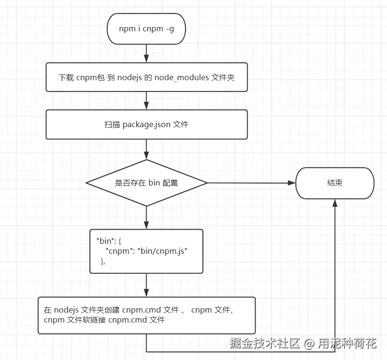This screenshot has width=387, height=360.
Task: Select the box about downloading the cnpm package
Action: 147,77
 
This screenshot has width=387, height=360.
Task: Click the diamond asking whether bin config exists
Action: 147,183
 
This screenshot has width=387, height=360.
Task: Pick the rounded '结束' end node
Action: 335,183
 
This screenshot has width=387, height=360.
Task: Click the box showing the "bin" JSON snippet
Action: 147,251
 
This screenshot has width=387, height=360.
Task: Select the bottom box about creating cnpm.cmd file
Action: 147,315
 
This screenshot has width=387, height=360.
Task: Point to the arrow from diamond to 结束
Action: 251,183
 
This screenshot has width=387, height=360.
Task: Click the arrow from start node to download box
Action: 147,53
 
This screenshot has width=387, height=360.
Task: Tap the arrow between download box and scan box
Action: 147,101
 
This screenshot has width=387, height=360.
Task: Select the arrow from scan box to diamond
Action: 147,149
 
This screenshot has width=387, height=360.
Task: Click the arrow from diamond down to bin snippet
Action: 147,218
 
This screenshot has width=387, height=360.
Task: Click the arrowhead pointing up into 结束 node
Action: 335,203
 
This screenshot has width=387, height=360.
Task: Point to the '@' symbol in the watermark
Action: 310,343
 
